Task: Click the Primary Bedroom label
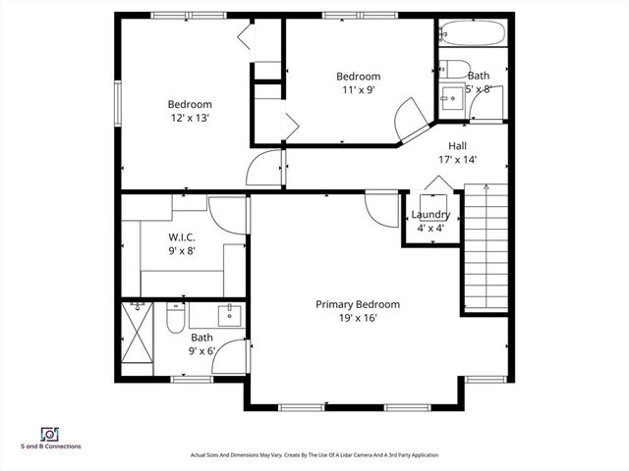357,304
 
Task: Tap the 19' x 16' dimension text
357,317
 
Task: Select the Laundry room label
430,215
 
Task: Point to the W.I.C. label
182,236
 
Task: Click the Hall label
457,145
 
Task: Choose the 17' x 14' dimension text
457,159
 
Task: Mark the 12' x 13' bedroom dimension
189,118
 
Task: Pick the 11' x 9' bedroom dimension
358,90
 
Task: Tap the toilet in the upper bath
455,69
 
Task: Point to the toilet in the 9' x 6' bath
174,319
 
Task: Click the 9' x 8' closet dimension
182,250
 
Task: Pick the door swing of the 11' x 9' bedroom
411,126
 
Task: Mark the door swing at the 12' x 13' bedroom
263,168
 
